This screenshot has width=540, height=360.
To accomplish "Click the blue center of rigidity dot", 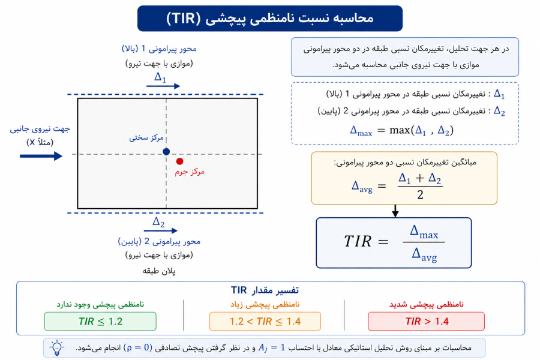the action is pos(166,151).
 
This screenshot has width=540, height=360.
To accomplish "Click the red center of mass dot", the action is pos(179,161).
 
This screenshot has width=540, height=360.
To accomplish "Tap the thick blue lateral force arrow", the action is pos(41,156).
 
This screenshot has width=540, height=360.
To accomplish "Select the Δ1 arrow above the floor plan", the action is pos(163,86).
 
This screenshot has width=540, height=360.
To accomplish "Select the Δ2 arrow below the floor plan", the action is pos(160,230).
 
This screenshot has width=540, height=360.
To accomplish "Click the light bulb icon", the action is pos(57,348).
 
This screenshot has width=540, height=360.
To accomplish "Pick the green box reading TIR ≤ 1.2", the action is pos(100,321).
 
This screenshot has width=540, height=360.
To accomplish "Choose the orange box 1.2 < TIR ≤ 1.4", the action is pos(265,321).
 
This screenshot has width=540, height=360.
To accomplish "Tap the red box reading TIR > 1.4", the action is pos(427,321).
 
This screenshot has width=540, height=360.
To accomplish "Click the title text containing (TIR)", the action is pos(269,18).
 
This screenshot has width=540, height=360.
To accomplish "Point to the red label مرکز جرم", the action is pos(190,172).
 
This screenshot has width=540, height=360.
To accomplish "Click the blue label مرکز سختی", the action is pos(146,138).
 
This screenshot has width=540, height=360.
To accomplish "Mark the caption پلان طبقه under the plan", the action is pos(159,271).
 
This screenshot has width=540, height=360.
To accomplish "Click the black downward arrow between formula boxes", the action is pos(395,211).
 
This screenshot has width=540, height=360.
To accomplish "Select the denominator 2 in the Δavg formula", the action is pos(420,194).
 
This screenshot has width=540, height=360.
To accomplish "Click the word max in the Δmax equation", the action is pos(400,130).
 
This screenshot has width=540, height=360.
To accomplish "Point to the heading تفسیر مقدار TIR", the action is pos(265,290).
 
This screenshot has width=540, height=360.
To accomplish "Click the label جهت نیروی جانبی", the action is pos(40,129).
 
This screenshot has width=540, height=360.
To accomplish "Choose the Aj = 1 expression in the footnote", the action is pos(272,347).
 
